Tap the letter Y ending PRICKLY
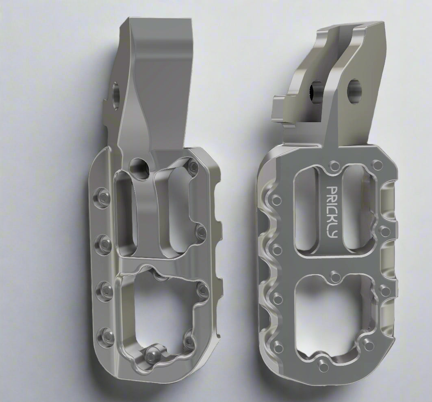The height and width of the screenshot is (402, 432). coord(334,235)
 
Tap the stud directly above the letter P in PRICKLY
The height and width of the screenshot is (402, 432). coord(335,165)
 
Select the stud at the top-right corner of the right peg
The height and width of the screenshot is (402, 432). coord(378,165)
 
